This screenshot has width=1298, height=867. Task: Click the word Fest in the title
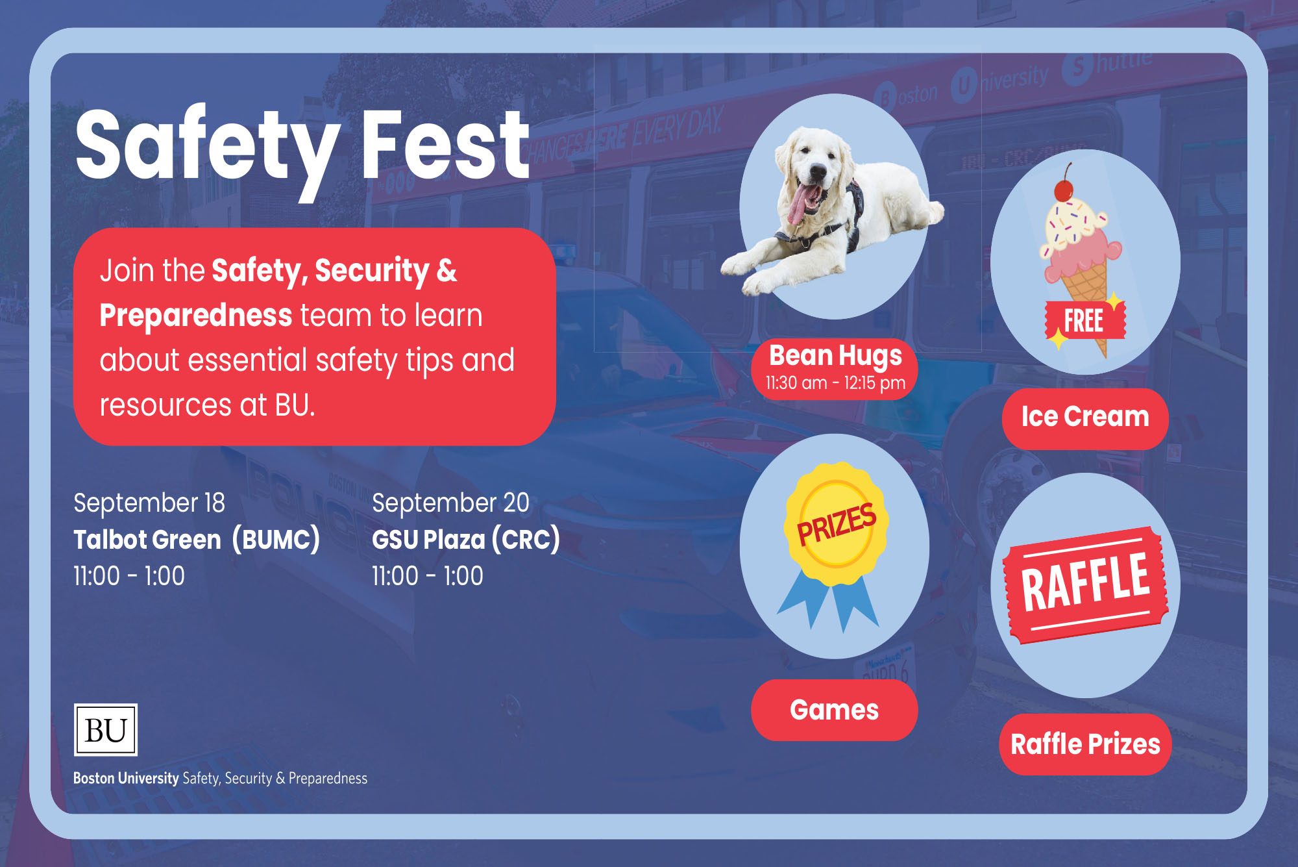pos(446,145)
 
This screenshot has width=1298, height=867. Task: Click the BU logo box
pos(106,729)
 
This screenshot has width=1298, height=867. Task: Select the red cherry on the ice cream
pos(1063,190)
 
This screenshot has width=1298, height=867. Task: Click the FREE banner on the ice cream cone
pos(1084,320)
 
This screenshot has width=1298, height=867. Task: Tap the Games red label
pos(835,710)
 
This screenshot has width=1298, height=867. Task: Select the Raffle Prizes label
pos(1086,744)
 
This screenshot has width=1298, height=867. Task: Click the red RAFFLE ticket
pos(1085,585)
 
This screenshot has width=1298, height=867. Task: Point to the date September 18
pos(149,503)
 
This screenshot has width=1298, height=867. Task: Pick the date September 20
pos(450,503)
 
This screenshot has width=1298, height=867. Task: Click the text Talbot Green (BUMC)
pos(197,540)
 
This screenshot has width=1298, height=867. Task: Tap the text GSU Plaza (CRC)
pos(465,540)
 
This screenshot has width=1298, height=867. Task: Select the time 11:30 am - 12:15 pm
pos(835,383)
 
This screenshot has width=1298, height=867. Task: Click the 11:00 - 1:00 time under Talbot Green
pos(129,576)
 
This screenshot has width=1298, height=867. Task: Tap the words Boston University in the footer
pos(126,778)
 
